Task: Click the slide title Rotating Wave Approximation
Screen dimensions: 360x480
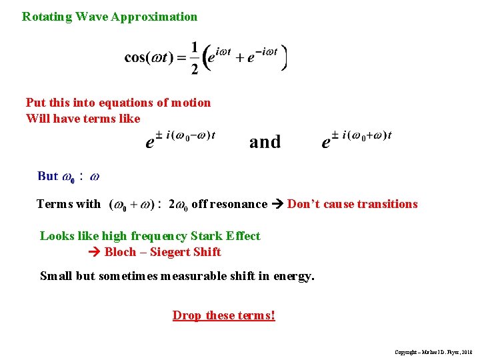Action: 109,17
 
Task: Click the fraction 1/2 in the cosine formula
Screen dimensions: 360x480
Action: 195,57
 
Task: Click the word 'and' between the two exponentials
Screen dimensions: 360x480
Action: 265,142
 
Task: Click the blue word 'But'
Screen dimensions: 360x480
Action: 48,177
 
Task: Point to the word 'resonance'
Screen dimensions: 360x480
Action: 238,204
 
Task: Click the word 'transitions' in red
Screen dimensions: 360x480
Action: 386,204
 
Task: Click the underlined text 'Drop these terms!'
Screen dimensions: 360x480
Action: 223,315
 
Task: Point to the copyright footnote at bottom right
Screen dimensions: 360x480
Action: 433,351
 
